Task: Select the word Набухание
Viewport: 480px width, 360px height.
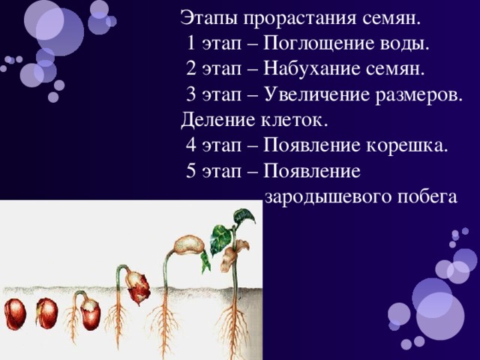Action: tap(311, 68)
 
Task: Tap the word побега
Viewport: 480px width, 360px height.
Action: tap(427, 196)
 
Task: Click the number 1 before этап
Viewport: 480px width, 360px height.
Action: tap(190, 43)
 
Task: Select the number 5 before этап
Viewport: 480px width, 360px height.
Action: tap(190, 171)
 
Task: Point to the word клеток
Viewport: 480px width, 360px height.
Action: tap(294, 119)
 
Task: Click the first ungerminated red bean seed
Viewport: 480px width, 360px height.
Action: tap(15, 314)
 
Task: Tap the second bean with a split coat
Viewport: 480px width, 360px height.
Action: tap(46, 313)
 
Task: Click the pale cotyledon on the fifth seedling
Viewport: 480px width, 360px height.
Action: tap(189, 244)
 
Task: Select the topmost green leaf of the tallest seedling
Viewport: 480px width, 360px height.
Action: tap(244, 217)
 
